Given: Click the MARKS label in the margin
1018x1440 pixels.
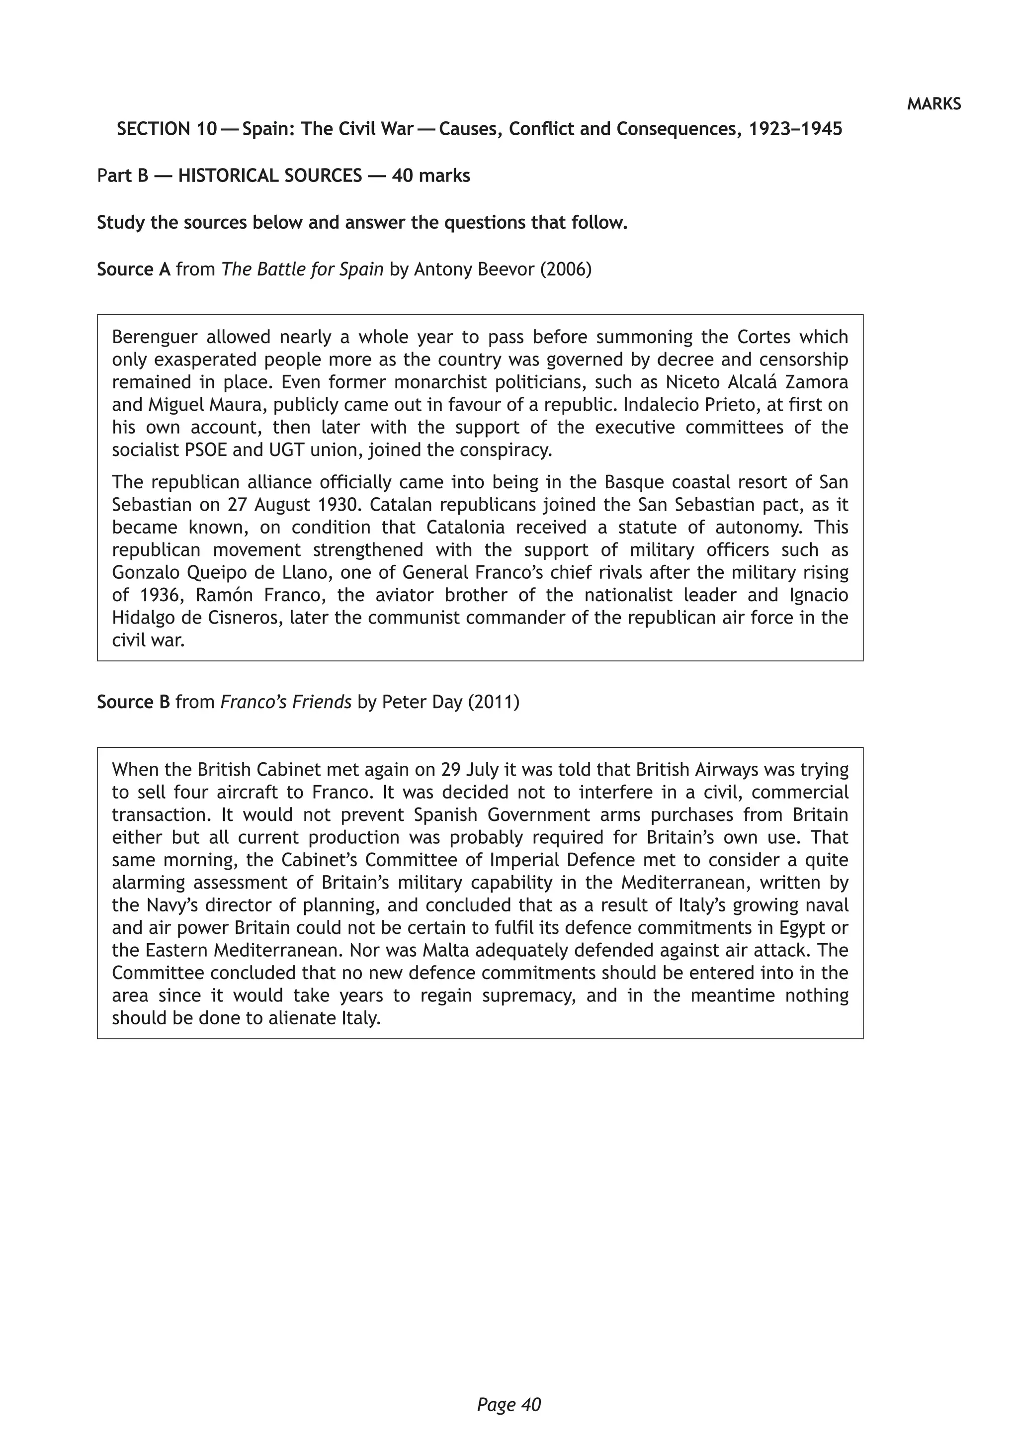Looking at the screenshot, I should pyautogui.click(x=933, y=104).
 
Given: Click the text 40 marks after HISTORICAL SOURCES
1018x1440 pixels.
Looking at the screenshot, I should pyautogui.click(x=430, y=176).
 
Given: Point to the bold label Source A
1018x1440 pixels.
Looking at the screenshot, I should pyautogui.click(x=134, y=269).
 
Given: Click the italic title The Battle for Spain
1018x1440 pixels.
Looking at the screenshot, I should pyautogui.click(x=302, y=269).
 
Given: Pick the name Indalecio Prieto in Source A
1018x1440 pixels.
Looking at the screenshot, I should pyautogui.click(x=681, y=405).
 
